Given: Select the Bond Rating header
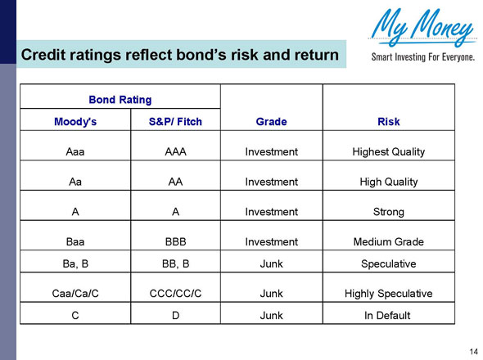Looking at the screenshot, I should click(x=120, y=100).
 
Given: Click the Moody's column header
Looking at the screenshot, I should click(x=76, y=122).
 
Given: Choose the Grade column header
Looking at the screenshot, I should click(x=271, y=122).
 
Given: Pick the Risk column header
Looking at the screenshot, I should click(x=388, y=122).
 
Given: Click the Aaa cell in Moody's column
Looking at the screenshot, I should click(x=76, y=151).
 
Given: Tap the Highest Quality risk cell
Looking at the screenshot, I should click(x=388, y=151).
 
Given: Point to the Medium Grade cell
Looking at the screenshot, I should click(x=388, y=242).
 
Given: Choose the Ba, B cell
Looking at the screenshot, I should click(x=76, y=264).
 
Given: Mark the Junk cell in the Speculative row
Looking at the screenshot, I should click(x=271, y=264).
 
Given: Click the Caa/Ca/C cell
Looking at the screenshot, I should click(x=76, y=293).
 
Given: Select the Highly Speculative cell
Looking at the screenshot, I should click(x=388, y=293).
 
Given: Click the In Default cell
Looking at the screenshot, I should click(x=388, y=315).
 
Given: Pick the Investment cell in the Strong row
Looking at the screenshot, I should click(x=271, y=212).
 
